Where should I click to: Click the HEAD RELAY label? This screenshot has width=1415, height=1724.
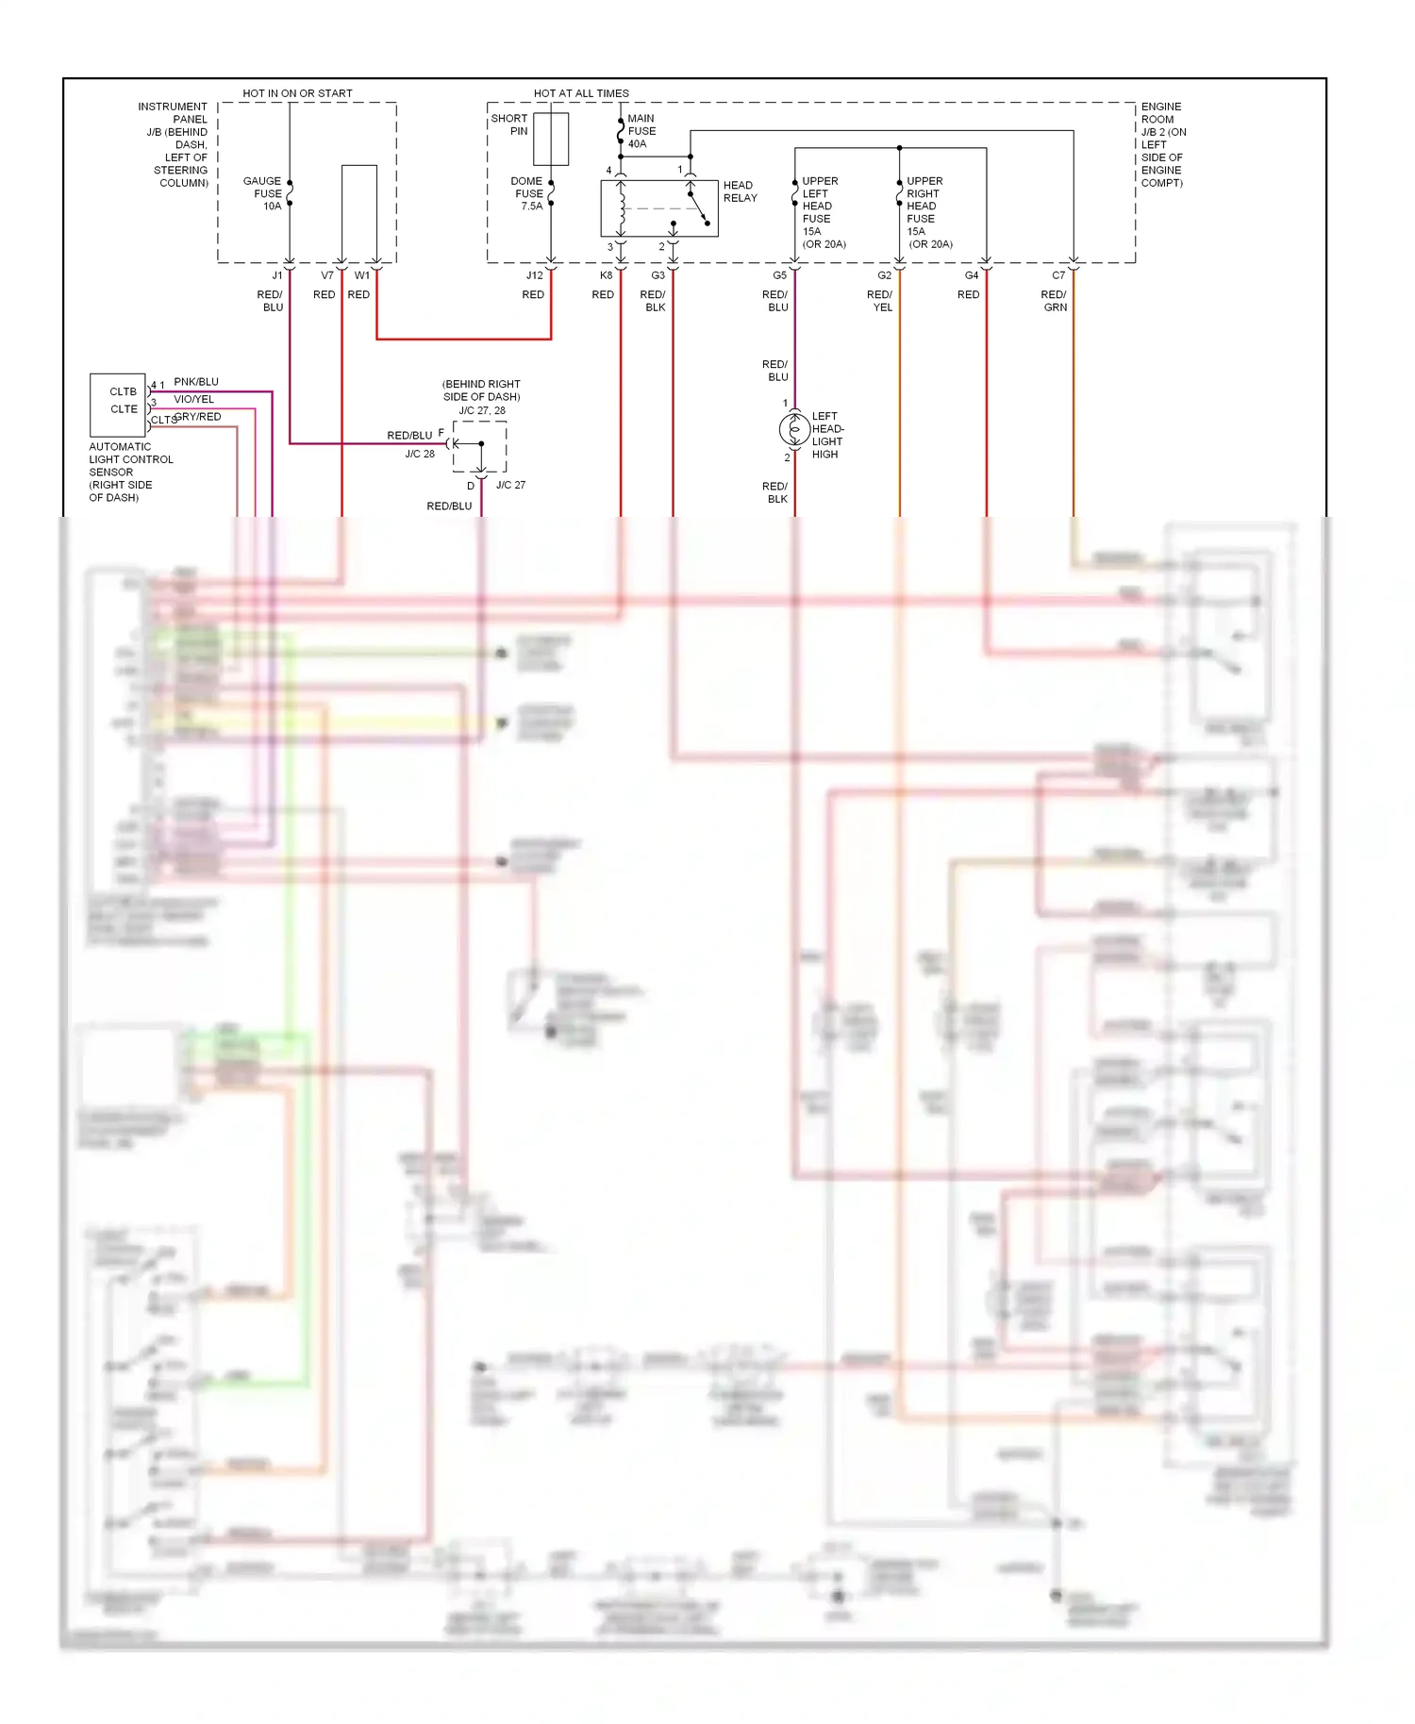pos(740,191)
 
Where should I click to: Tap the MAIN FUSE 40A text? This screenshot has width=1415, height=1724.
pos(641,131)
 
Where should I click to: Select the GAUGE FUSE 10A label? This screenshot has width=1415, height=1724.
pos(262,193)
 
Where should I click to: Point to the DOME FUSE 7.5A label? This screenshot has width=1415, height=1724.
pos(527,193)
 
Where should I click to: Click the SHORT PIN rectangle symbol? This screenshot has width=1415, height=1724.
pos(551,139)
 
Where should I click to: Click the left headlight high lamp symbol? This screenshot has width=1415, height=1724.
pos(794,430)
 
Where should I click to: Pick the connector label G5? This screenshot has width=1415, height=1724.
pos(779,275)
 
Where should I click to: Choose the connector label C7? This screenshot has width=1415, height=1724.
pos(1058,275)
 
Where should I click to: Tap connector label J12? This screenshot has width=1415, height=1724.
pos(535,275)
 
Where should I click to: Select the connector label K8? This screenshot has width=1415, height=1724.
pos(606,275)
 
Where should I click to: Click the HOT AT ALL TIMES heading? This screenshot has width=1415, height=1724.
pos(581,93)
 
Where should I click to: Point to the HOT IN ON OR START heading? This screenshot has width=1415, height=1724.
pos(297,93)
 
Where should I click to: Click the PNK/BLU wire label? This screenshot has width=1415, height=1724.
pos(196,382)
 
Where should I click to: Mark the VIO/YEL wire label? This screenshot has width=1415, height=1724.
pos(193,399)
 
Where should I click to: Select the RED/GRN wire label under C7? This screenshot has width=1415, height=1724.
pos(1055,301)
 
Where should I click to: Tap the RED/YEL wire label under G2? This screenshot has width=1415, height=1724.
pos(880,301)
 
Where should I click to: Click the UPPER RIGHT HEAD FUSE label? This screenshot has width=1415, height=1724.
pos(925,212)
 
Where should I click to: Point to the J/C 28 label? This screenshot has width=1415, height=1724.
pos(420,454)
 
